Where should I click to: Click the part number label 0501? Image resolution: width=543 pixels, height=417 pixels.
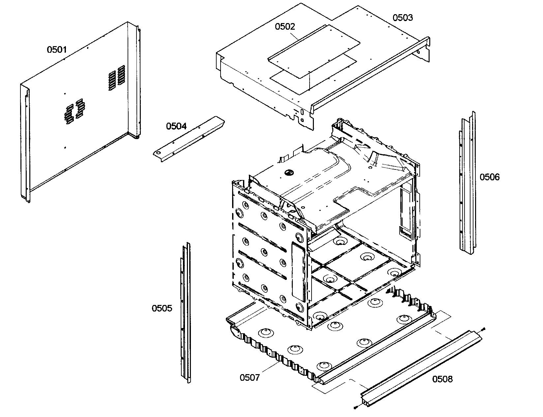click(57, 50)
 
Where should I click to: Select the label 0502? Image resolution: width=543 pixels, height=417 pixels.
click(285, 26)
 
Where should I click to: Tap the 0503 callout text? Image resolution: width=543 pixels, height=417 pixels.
click(403, 17)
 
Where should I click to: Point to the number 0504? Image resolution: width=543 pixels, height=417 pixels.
click(176, 126)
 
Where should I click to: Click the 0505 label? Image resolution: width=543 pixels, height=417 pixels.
click(162, 309)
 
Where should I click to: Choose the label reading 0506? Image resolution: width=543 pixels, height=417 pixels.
click(490, 177)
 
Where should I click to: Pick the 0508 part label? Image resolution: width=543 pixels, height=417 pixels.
click(442, 379)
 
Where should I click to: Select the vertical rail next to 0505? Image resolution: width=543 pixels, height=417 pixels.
click(186, 313)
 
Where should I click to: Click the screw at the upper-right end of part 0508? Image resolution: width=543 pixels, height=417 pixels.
click(483, 329)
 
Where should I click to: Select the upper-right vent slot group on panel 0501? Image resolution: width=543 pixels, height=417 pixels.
click(117, 77)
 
